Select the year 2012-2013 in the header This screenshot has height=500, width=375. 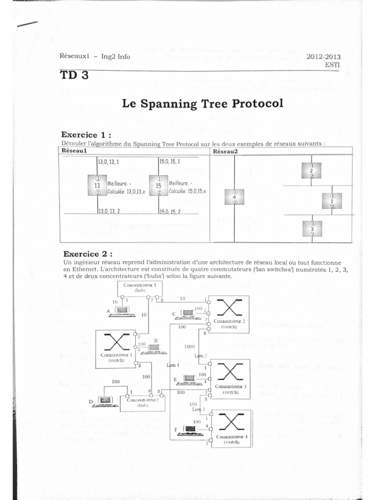point(323,57)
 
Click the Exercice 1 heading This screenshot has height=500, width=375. point(85,134)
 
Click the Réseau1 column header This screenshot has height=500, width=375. point(74,151)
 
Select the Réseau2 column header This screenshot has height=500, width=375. point(226,151)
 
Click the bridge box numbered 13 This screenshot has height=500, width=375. point(97,186)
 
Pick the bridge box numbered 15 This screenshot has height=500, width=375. point(159,186)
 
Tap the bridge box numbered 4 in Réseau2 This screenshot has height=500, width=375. point(235,196)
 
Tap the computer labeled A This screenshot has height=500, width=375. point(120,311)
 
